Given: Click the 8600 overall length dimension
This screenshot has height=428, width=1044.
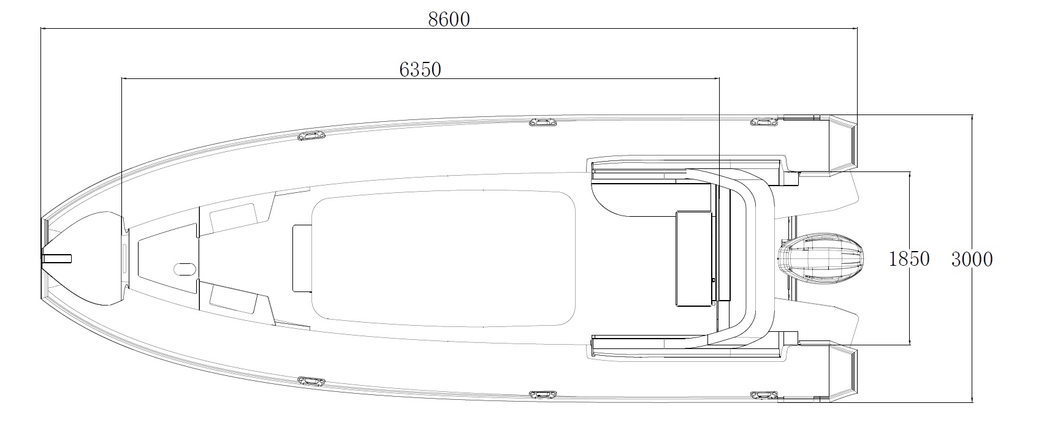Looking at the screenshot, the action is pos(449,20).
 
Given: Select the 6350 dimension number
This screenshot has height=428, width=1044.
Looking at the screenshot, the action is pos(420,70).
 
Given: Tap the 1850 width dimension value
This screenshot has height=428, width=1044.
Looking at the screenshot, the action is pos(909,259).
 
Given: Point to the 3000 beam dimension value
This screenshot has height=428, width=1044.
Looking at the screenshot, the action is pos(972,260).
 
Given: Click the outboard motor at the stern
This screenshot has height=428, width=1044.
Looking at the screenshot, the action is pos(821,258).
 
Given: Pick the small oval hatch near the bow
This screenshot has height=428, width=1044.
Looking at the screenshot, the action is pos(185,269).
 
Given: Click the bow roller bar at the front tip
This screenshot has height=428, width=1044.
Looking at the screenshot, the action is pos(56,258).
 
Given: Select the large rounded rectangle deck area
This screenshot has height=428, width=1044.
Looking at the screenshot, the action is pos(443,258).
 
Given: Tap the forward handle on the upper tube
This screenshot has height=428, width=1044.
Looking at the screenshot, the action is pos(311,136).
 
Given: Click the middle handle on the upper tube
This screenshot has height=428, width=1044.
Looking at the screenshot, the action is pos(543,122).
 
